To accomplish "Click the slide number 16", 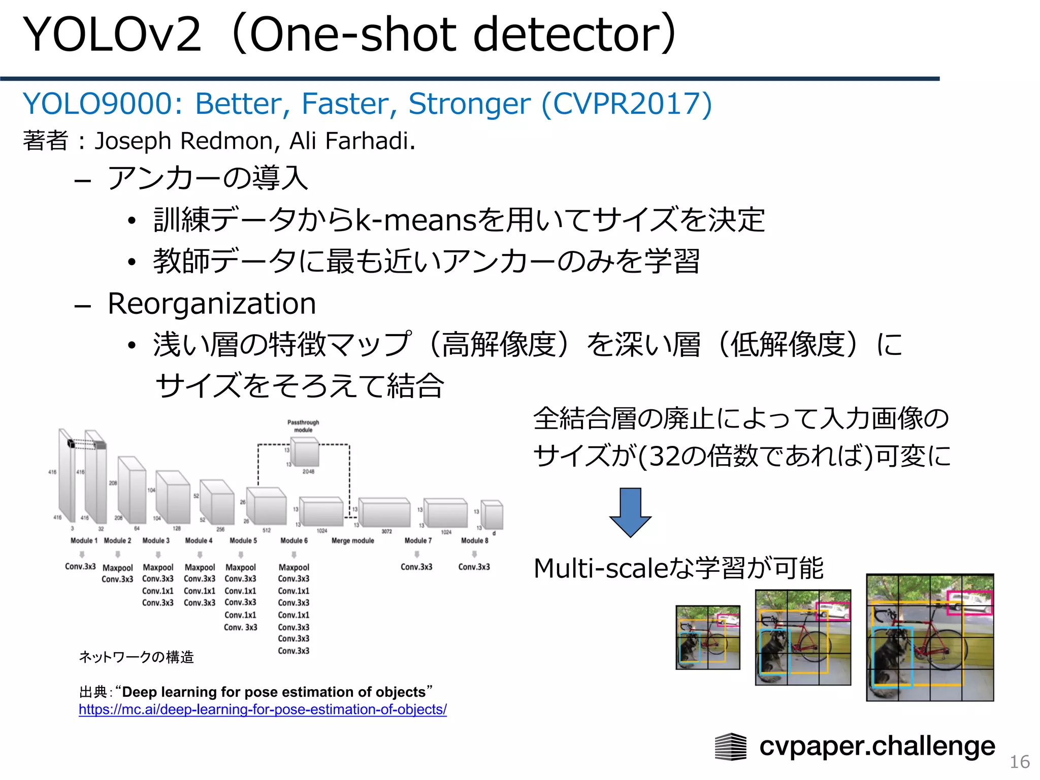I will coord(1019,762).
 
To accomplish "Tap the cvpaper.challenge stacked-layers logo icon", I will coord(730,746).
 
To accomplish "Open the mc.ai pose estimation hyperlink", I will coord(263,709).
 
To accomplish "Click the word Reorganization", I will coord(212,304).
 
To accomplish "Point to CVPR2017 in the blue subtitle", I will coord(627,104).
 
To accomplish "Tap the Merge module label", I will coord(352,541).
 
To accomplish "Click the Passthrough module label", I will coord(303,426).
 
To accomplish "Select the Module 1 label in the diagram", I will coord(84,541).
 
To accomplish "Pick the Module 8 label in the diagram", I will coord(474,541).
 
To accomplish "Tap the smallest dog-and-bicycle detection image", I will coord(707,637).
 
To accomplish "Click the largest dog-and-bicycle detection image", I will coord(929,637).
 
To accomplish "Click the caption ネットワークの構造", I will coord(136,657).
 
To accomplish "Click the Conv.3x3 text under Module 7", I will coord(416,567).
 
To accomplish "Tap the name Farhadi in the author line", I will coord(367,141).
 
